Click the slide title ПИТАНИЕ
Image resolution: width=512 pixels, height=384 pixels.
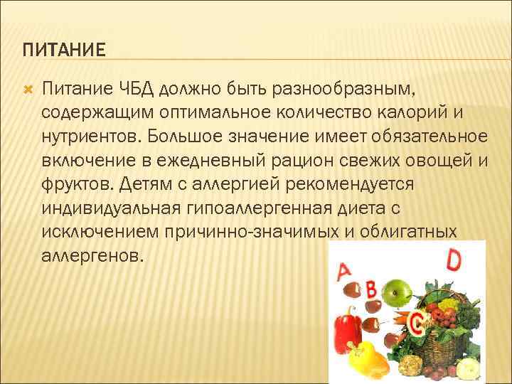click(x=63, y=50)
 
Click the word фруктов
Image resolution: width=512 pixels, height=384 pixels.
click(x=74, y=183)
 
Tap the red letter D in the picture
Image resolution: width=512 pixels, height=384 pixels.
click(x=453, y=259)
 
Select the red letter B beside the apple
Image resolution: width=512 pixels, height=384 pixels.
click(x=370, y=288)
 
